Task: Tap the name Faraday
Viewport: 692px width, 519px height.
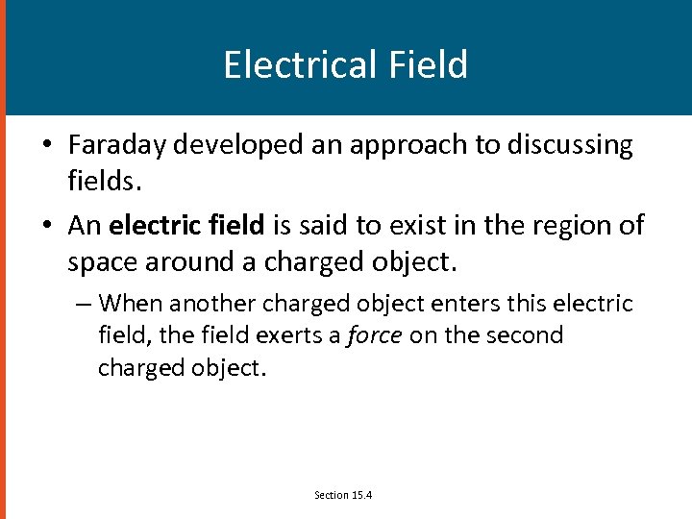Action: coord(115,145)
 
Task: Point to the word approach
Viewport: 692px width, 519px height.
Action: coord(400,145)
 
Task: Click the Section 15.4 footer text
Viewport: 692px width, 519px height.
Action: coord(343,495)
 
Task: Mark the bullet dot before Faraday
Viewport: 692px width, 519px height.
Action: coord(46,146)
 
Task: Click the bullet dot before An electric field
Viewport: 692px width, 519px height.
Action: coord(46,226)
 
